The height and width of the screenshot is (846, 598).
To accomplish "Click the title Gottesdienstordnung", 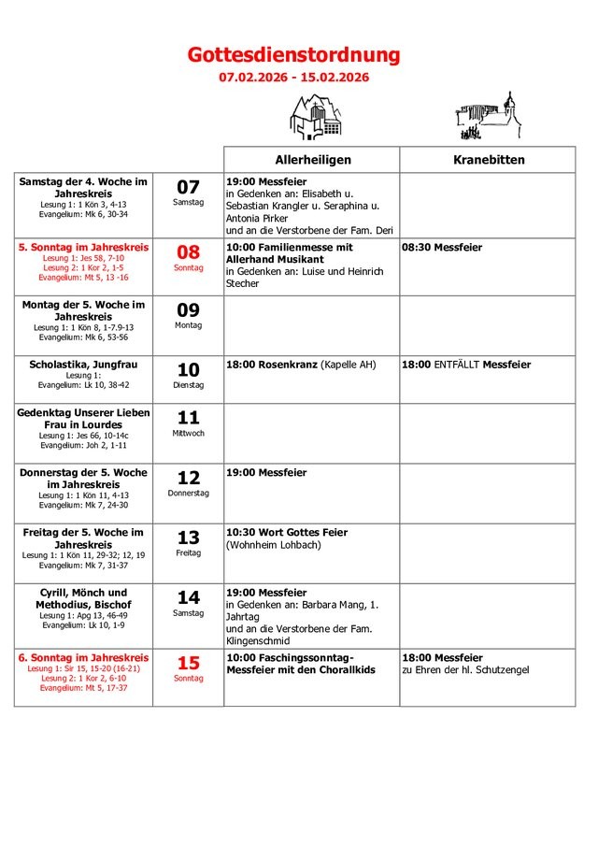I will pos(293,55).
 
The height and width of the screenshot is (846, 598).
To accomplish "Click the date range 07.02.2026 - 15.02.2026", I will pos(293,78).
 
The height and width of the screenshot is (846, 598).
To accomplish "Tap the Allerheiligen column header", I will pos(311,160).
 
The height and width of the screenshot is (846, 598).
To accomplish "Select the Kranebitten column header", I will pos(489,160).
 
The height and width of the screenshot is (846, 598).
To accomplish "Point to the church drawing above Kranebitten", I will pos(487,115).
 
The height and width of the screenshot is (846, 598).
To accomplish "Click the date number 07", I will pos(189,187).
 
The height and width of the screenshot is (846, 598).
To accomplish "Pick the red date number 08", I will pos(189,252).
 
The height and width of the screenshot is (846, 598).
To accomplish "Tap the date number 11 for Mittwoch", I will pos(189,418).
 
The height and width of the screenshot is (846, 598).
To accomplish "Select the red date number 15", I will pos(189,664).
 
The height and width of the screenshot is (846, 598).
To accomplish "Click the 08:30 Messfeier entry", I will pos(442,248).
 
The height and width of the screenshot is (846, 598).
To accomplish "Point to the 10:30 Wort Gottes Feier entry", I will pos(287,533).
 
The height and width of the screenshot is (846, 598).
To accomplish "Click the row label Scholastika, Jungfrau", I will pos(83,364).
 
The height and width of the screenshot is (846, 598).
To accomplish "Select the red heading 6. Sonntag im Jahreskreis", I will pos(83,658).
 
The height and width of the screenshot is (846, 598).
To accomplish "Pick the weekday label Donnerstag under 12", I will pos(189,493).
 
